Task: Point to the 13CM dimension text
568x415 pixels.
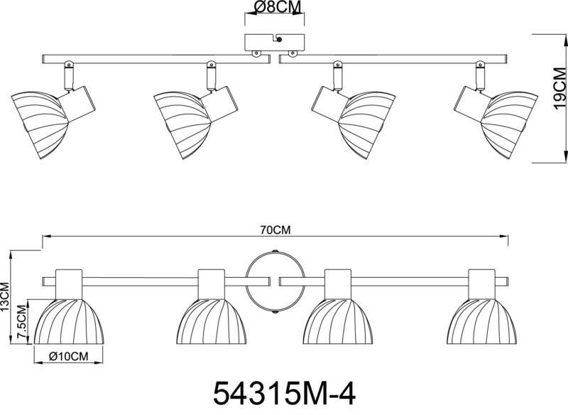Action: pyautogui.click(x=5, y=297)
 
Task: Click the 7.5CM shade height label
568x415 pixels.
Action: pyautogui.click(x=23, y=322)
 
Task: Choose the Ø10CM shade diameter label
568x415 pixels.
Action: pyautogui.click(x=68, y=357)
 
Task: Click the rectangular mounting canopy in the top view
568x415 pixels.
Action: pyautogui.click(x=275, y=43)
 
